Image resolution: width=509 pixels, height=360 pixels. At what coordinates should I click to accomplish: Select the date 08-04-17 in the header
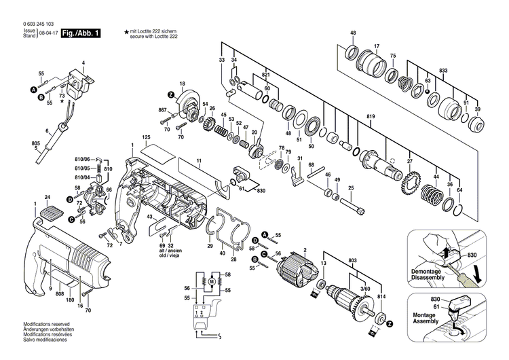point(48,33)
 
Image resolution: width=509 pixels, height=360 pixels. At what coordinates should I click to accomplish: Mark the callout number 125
point(146,138)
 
